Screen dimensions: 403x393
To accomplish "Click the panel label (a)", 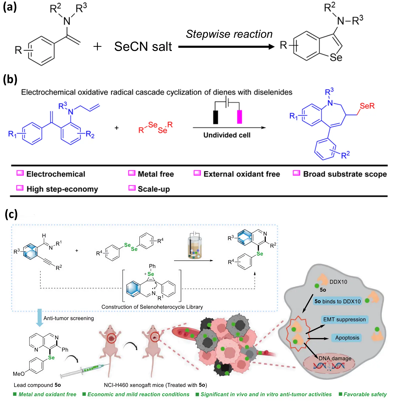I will tap(10, 7).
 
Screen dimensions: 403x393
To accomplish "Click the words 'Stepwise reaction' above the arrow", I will tap(229, 34).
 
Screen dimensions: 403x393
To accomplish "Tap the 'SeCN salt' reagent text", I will tap(143, 47).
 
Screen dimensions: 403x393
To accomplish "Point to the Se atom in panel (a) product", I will tap(336, 58).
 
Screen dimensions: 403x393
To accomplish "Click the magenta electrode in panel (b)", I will tap(239, 117).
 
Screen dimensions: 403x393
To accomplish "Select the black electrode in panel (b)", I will tap(215, 117).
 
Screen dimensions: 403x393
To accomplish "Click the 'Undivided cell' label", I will tap(227, 135).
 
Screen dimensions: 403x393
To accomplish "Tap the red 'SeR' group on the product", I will tap(367, 106).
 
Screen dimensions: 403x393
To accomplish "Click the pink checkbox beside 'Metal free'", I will tap(131, 173).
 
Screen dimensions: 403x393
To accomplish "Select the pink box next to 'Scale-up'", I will tap(132, 188).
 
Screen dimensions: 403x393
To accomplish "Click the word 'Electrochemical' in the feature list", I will tap(56, 174).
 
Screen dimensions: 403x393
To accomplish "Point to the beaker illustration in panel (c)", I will tap(195, 246).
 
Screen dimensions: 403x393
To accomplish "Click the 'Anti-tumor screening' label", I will tap(69, 318).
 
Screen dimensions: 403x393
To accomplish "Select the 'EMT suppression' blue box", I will tap(344, 319).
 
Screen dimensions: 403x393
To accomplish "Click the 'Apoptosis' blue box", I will tap(347, 338).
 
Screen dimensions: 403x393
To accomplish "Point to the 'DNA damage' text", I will tap(335, 358).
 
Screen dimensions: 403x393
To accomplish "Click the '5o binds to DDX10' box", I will tap(337, 301).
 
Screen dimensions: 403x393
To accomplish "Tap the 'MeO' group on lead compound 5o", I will tap(19, 374).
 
